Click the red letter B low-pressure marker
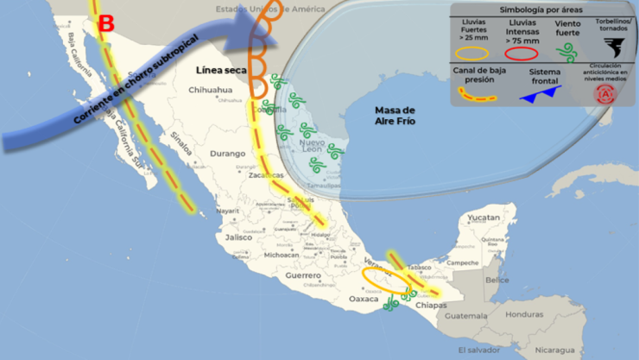[105, 24]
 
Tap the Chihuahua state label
[211, 90]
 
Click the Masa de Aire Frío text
[395, 117]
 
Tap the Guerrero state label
[305, 275]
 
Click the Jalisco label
[238, 237]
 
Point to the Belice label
[497, 280]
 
